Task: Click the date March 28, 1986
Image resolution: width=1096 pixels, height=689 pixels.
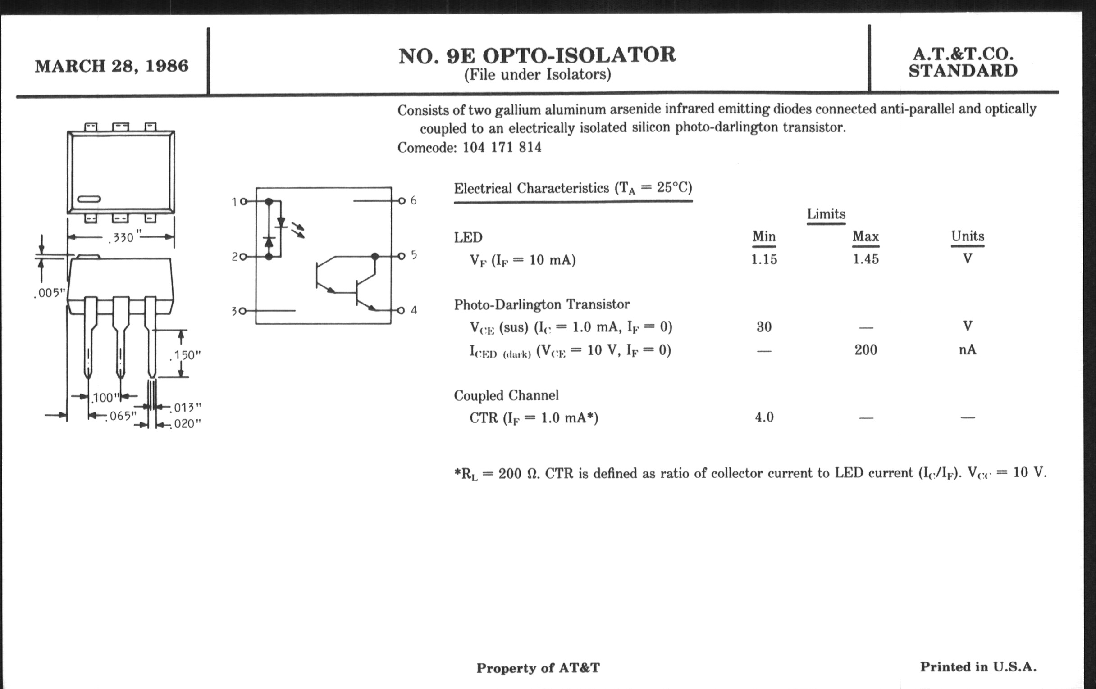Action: [x=111, y=66]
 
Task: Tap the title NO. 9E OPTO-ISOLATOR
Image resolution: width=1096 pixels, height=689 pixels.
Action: [x=537, y=55]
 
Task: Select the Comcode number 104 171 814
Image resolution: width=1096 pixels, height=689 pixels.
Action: [x=502, y=147]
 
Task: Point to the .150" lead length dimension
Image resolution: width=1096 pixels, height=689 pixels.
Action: [x=185, y=355]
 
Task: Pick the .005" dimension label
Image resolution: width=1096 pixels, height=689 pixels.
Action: [x=50, y=293]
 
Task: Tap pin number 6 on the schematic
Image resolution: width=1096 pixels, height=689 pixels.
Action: [x=413, y=200]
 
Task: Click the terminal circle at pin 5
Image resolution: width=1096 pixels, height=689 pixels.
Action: [x=401, y=256]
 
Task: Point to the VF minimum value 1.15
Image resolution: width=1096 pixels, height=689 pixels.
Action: [x=764, y=259]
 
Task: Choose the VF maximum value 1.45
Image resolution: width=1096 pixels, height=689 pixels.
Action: [x=866, y=259]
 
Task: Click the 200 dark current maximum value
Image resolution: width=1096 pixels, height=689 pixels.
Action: [x=866, y=350]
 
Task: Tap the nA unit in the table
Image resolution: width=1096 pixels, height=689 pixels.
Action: [x=967, y=350]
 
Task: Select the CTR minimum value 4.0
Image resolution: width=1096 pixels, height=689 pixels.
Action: [x=764, y=417]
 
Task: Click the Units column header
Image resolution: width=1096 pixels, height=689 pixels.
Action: [x=968, y=236]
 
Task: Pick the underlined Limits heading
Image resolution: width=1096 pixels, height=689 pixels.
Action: [x=826, y=214]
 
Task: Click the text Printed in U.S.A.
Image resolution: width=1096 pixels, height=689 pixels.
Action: [x=978, y=667]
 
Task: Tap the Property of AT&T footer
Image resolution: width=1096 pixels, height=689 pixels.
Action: [x=538, y=668]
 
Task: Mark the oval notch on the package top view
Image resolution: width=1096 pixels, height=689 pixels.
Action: [x=89, y=199]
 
